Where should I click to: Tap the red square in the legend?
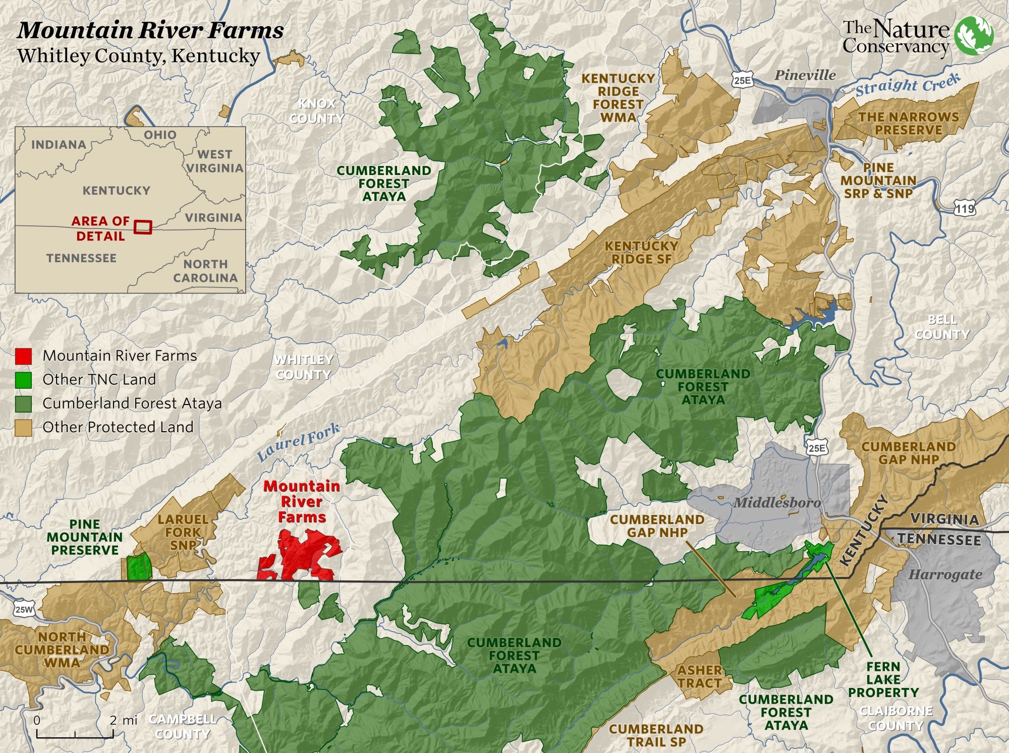click(x=23, y=356)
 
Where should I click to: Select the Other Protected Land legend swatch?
click(x=23, y=428)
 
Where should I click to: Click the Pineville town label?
click(x=805, y=76)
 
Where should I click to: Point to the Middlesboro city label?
click(x=776, y=502)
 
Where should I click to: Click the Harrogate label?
click(x=945, y=574)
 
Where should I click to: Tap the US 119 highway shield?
click(x=965, y=208)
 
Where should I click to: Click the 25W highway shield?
click(x=24, y=609)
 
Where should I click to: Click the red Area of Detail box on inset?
click(x=143, y=227)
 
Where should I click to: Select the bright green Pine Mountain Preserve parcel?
click(x=138, y=567)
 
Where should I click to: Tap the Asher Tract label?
click(x=699, y=676)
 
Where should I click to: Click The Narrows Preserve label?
click(x=908, y=124)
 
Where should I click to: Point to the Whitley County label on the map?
click(x=304, y=367)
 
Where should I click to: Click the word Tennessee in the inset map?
click(x=81, y=258)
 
